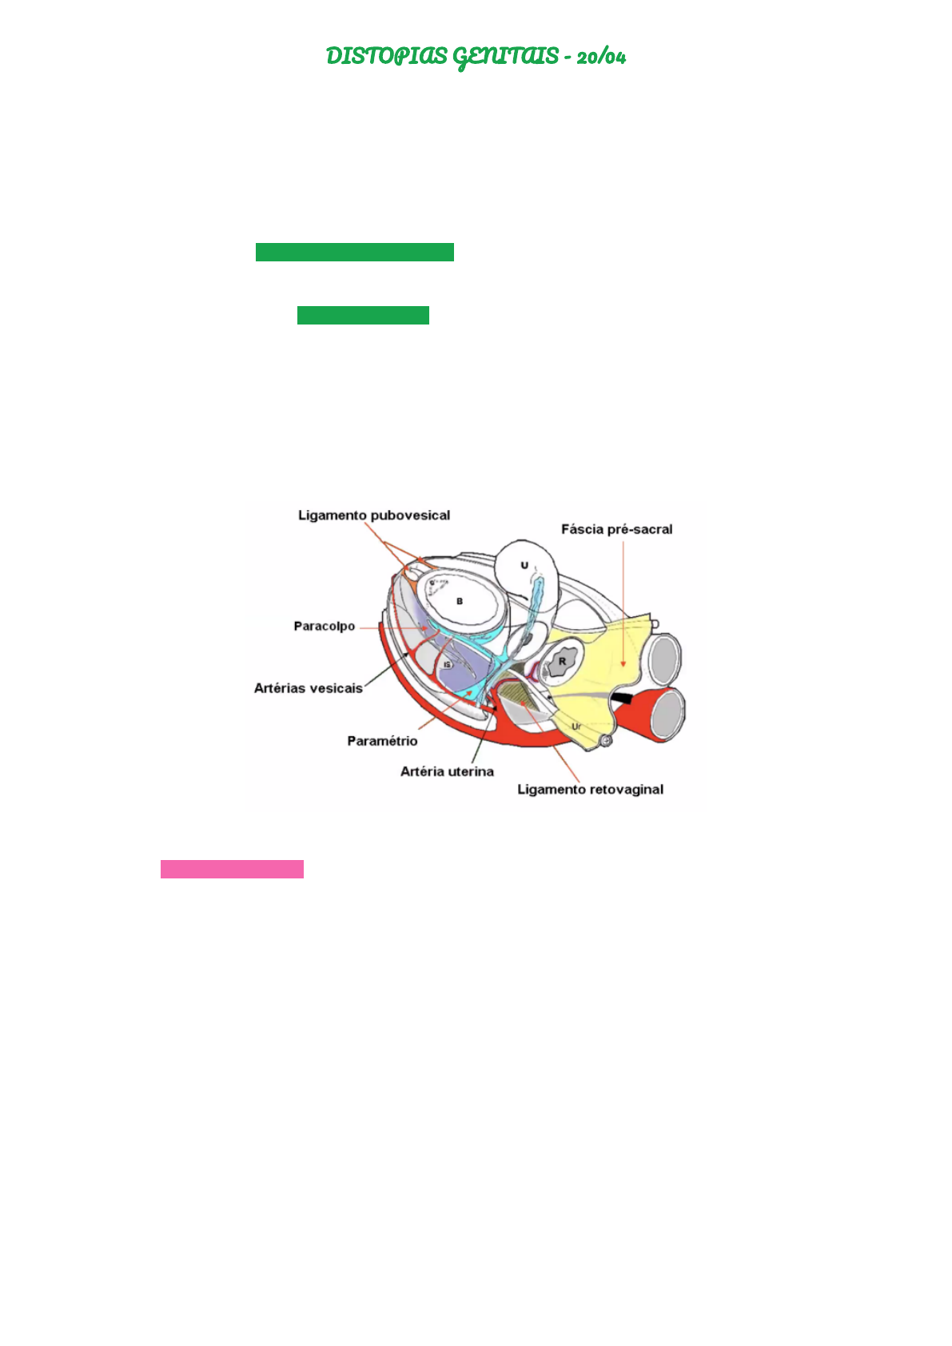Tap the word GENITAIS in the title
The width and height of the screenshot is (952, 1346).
click(505, 57)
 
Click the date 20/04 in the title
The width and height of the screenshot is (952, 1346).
click(601, 57)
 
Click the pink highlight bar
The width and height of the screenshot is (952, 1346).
click(232, 869)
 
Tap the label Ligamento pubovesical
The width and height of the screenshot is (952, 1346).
click(374, 516)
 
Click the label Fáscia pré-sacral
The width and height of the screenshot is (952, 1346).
click(616, 529)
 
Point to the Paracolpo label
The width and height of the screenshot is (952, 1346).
click(324, 626)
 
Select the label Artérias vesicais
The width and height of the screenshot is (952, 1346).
click(308, 688)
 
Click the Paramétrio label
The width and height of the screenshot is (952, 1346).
click(382, 741)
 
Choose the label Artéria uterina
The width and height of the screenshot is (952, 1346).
click(447, 771)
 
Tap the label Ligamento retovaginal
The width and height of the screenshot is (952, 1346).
click(590, 790)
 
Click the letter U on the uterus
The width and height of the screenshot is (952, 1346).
click(524, 565)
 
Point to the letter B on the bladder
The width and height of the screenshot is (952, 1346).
click(460, 601)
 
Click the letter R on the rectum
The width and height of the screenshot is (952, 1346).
click(562, 661)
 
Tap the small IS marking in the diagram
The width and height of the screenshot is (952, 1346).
click(448, 665)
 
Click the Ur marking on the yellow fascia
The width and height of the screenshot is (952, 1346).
click(576, 726)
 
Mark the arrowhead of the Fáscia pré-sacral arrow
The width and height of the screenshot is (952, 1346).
click(623, 664)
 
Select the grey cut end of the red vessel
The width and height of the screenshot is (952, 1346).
click(667, 714)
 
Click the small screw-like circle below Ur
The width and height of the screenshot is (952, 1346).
click(606, 742)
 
